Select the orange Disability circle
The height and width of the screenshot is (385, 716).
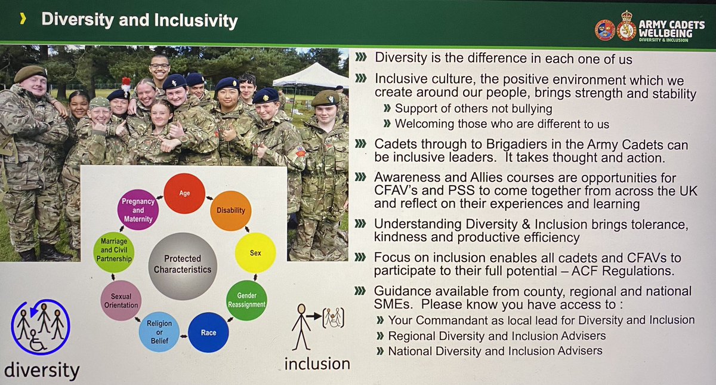tap(231, 210)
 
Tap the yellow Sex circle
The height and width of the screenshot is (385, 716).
tap(255, 252)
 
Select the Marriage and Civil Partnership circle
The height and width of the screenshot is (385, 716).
tap(113, 253)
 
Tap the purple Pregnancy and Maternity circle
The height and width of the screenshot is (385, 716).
tap(138, 210)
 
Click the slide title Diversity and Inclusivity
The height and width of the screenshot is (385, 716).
tap(140, 21)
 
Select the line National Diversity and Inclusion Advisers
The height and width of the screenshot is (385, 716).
tap(495, 350)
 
